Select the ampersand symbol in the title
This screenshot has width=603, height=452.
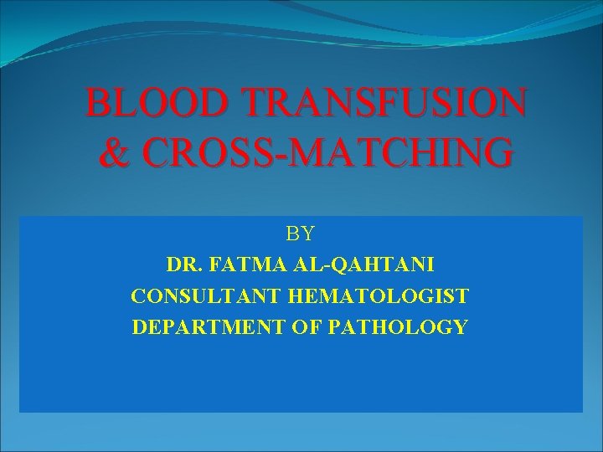pos(111,154)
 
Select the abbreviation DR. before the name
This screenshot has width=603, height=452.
pos(183,265)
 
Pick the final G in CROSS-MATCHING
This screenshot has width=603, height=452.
pos(495,154)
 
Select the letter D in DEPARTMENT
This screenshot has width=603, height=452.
pos(139,326)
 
